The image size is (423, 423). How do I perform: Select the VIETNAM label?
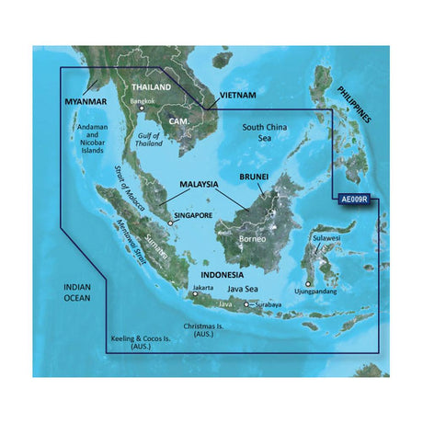click(x=236, y=96)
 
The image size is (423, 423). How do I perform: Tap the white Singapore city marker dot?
click(x=169, y=222)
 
